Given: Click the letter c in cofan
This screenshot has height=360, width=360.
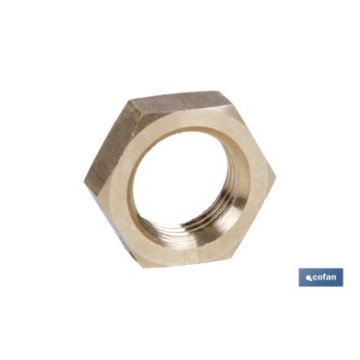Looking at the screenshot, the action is point(316,278).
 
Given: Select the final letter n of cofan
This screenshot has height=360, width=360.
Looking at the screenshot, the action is point(334,278).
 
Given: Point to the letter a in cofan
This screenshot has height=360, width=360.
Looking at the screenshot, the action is point(330,278).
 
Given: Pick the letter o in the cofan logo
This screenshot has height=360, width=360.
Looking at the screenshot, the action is point(321,278).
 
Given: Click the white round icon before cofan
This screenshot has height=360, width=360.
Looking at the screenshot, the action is point(310,278).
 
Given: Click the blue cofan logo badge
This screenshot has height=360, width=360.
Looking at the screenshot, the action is point(321,278).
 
